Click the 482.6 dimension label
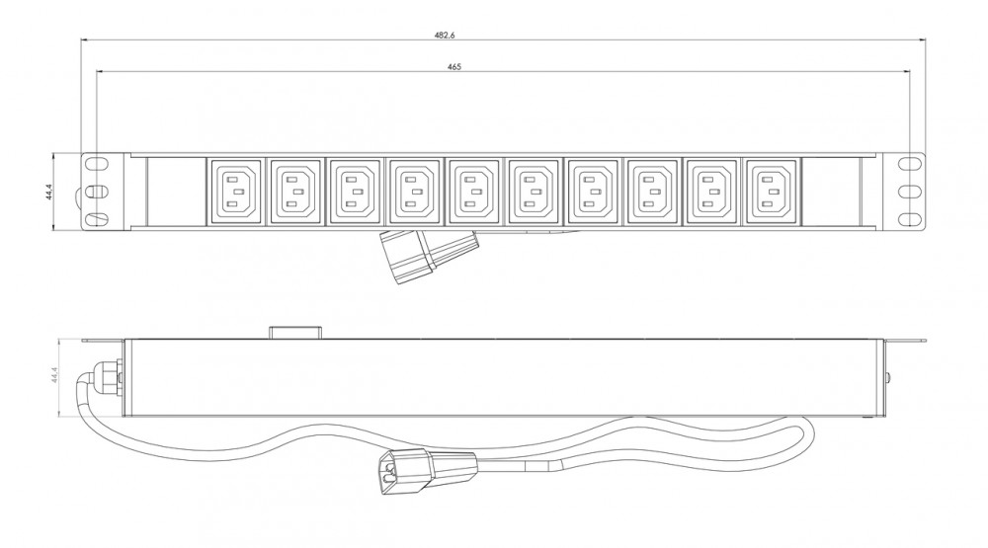[x=445, y=36]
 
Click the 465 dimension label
[x=454, y=67]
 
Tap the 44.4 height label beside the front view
[x=49, y=192]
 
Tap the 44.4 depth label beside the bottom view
[x=54, y=375]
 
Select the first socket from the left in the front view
[x=234, y=191]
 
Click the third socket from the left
[x=354, y=191]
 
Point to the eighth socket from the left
[x=652, y=191]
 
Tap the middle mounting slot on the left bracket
[x=96, y=191]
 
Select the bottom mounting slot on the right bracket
[x=909, y=219]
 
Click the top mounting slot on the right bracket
[x=909, y=163]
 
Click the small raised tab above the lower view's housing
[x=295, y=333]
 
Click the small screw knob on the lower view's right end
[x=888, y=378]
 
